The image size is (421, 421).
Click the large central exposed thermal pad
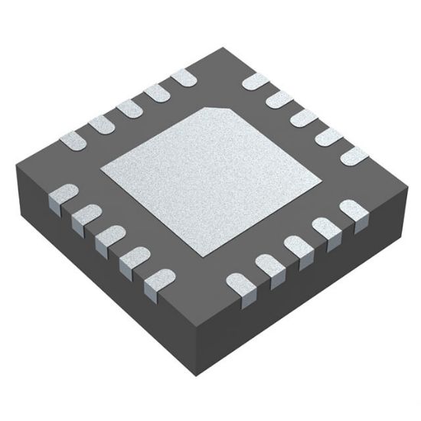coord(210,181)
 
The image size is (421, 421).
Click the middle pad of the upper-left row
coord(128,109)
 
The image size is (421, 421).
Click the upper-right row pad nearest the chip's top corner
coord(254,82)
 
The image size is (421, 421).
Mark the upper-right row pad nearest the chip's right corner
coord(354,155)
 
